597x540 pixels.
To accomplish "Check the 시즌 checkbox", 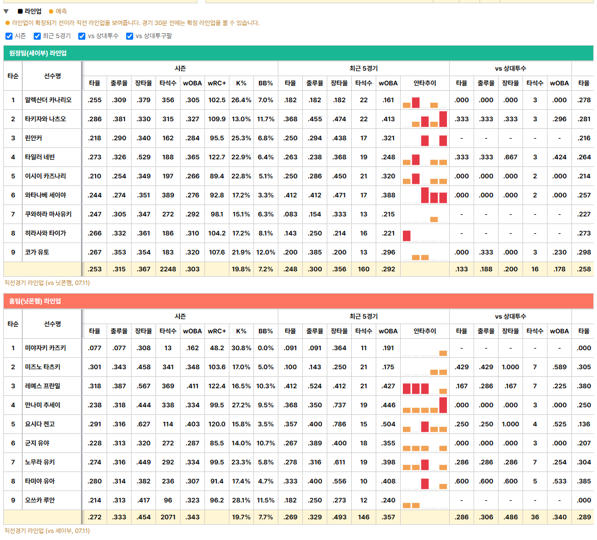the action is tap(9, 36).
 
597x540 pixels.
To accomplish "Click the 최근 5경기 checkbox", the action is tap(37, 36).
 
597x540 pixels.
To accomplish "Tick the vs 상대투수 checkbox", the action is tap(82, 36).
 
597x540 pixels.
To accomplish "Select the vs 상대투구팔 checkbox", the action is tap(130, 36).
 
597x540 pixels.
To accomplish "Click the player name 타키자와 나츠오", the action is tap(45, 119).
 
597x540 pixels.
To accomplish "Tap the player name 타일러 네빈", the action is tap(40, 157).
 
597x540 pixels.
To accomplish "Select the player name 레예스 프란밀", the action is tap(42, 386).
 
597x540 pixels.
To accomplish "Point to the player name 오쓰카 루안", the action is tap(40, 500).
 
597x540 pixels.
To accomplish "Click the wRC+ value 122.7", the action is tap(216, 157).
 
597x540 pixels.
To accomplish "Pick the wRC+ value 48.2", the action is tap(216, 348).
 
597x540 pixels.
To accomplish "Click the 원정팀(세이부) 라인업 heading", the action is tap(38, 53).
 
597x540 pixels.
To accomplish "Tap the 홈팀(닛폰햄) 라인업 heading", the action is tap(35, 301).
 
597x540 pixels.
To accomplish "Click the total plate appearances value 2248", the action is tap(168, 269).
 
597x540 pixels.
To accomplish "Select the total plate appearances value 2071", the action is tap(168, 517).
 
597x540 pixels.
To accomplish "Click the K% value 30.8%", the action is tap(241, 348).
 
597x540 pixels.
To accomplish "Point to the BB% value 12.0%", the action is tap(265, 252).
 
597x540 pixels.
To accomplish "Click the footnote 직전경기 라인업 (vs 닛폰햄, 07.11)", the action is tap(47, 283).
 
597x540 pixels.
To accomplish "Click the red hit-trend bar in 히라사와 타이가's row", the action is tap(407, 235).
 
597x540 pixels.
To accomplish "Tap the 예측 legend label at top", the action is tap(61, 11).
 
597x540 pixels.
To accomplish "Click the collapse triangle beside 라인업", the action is tap(6, 11).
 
